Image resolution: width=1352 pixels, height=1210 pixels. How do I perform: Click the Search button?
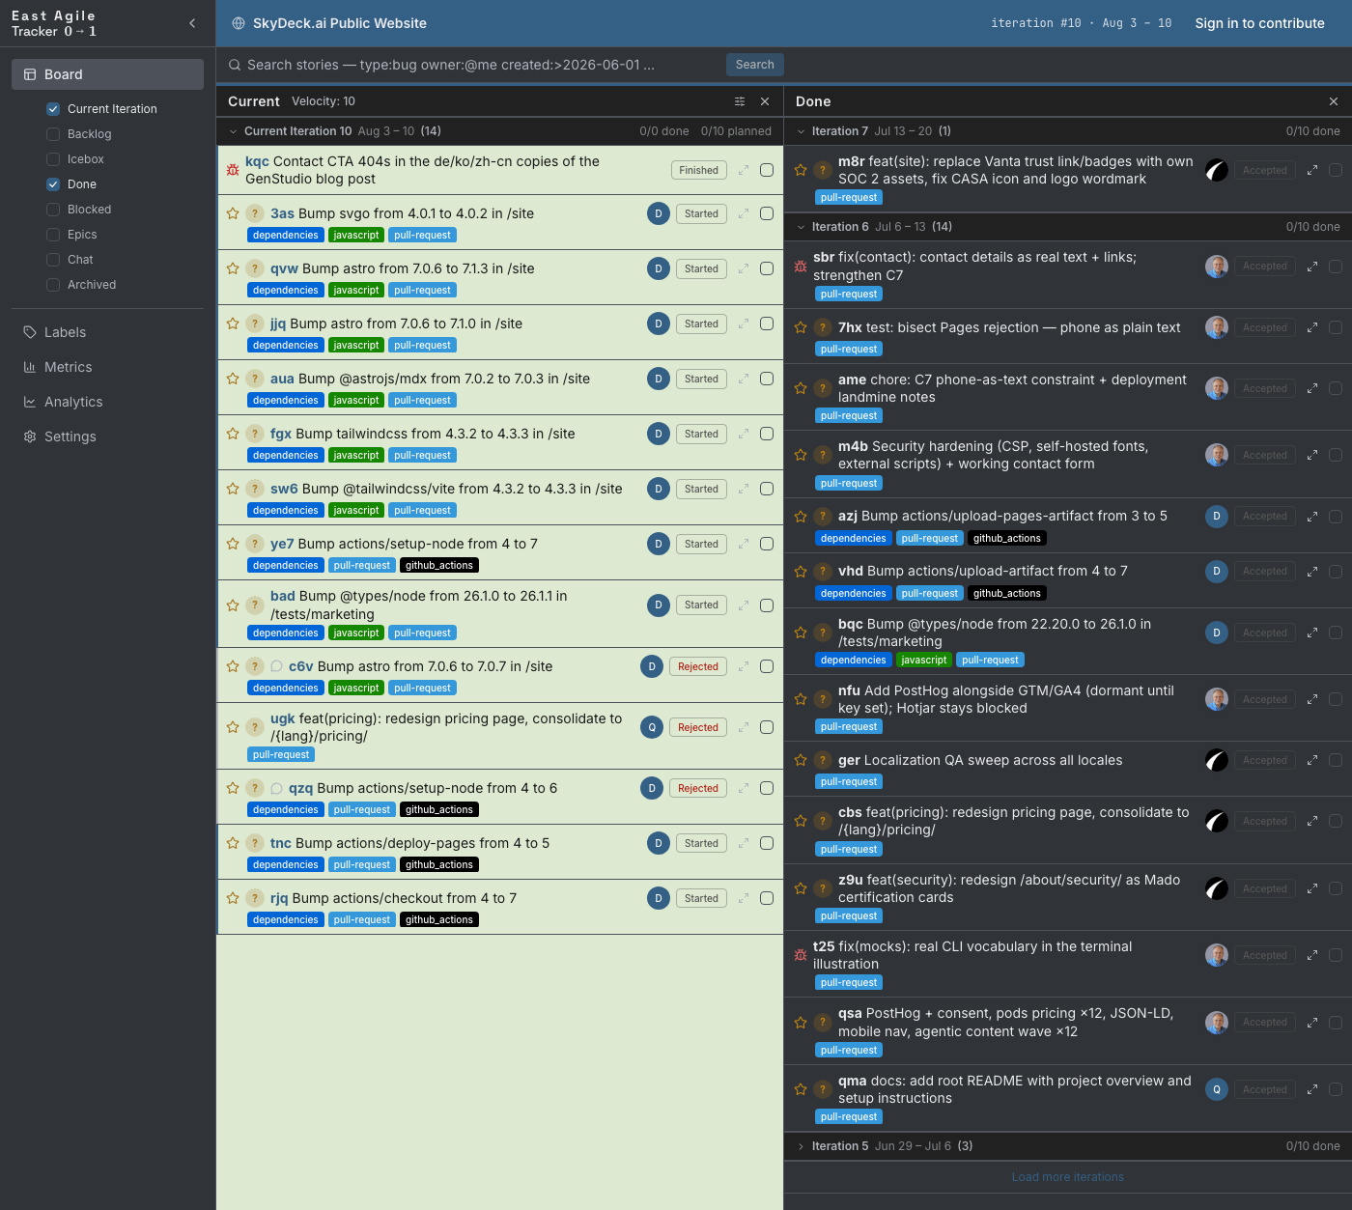pos(754,65)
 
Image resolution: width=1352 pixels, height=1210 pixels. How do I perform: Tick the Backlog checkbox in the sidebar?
pos(53,134)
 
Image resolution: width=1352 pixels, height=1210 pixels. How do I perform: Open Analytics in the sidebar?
pos(73,402)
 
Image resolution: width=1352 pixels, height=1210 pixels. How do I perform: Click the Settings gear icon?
pos(29,436)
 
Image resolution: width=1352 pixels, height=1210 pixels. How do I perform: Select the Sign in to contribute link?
pos(1259,23)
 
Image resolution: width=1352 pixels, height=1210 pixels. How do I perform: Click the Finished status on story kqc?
pos(698,170)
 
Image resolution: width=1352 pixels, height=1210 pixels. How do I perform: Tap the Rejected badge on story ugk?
pos(697,727)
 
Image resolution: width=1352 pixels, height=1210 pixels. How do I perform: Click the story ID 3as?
pos(282,213)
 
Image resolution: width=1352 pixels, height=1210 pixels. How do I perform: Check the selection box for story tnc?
pos(767,844)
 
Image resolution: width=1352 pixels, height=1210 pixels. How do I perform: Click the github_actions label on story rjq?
pos(439,919)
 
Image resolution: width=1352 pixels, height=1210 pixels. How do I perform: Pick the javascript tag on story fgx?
pos(355,455)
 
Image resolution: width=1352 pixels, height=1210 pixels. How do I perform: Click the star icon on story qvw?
pos(232,269)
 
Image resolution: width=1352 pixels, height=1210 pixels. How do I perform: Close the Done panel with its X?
pos(1333,101)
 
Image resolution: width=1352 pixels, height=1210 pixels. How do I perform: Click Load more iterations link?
pos(1067,1177)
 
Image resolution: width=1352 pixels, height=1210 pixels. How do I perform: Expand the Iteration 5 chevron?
pos(801,1146)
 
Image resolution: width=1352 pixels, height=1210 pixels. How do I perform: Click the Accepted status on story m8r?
pos(1264,170)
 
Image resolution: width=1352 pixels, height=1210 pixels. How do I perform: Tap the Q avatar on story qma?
pos(1217,1090)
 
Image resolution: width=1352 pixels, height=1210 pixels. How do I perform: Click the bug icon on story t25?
pos(801,956)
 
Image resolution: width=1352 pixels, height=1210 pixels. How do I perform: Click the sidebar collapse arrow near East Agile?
pos(192,23)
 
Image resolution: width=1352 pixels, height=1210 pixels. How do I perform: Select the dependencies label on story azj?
pos(853,539)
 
